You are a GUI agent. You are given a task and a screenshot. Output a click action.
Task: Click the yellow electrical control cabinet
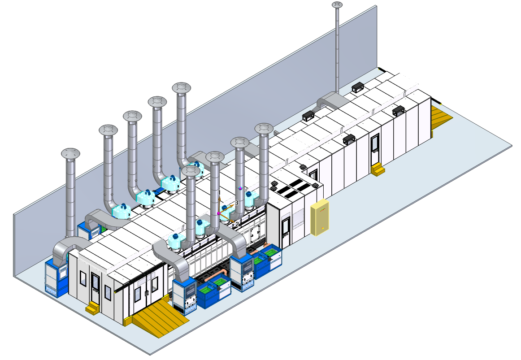pos(320,218)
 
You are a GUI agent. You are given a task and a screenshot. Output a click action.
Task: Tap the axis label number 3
pos(236,203)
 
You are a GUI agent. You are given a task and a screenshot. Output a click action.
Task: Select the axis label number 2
pos(238,223)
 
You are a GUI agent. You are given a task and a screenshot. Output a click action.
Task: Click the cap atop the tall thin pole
pos(337,5)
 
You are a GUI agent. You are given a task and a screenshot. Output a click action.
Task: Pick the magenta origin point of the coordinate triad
pos(219,213)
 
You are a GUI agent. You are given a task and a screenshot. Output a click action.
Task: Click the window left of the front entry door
pos(83,279)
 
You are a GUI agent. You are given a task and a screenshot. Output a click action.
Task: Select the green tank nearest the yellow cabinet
pos(270,253)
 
